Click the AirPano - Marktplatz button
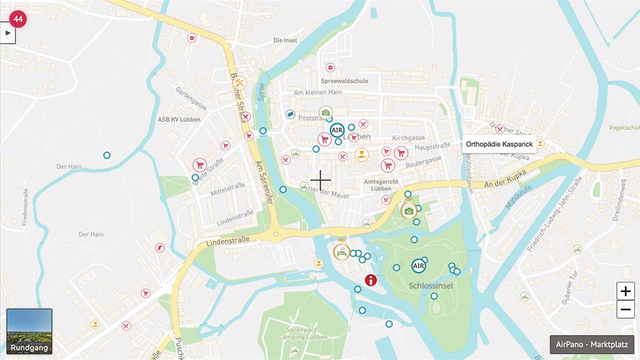[x=592, y=345]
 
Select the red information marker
[x=371, y=279]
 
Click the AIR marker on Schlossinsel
[x=419, y=266]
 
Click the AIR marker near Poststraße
[x=337, y=130]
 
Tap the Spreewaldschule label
[x=344, y=81]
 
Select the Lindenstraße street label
[x=227, y=240]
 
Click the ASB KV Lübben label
[x=179, y=119]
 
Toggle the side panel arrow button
[x=7, y=32]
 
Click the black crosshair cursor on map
[x=321, y=181]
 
